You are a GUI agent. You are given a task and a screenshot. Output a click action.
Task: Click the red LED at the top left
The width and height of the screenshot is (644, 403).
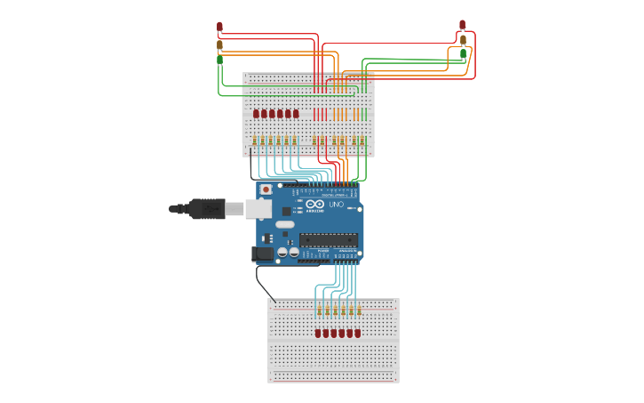pyautogui.click(x=219, y=27)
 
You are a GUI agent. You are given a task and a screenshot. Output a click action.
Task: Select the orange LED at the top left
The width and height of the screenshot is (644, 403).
pyautogui.click(x=219, y=44)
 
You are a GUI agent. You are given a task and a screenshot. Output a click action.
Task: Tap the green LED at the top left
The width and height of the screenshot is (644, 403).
pyautogui.click(x=219, y=60)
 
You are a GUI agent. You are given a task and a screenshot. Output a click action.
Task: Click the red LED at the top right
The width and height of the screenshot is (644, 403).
pyautogui.click(x=462, y=25)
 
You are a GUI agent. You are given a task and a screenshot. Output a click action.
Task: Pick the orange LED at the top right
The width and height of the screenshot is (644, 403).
pyautogui.click(x=463, y=40)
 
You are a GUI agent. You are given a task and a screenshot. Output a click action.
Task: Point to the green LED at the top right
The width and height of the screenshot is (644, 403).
pyautogui.click(x=463, y=54)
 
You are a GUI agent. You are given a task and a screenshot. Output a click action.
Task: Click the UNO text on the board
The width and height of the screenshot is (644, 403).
pyautogui.click(x=337, y=205)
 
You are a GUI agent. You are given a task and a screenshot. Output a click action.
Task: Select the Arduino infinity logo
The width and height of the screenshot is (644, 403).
pyautogui.click(x=315, y=205)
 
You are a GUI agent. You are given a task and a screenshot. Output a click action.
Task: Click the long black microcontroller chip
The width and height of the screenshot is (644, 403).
pyautogui.click(x=329, y=239)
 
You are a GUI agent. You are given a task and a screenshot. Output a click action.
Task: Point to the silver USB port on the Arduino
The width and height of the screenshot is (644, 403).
pyautogui.click(x=258, y=208)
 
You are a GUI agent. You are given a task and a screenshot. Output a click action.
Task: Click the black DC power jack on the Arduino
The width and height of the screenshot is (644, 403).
pyautogui.click(x=262, y=254)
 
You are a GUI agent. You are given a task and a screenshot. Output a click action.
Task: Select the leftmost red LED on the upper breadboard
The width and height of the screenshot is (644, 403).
pyautogui.click(x=256, y=114)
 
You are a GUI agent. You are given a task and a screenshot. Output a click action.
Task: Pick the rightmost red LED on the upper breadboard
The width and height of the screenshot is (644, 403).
pyautogui.click(x=296, y=114)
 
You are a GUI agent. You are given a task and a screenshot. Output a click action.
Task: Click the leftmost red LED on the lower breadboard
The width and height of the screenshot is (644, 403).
pyautogui.click(x=318, y=333)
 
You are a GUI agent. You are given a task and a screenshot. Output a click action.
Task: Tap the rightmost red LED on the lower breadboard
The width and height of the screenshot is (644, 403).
pyautogui.click(x=358, y=333)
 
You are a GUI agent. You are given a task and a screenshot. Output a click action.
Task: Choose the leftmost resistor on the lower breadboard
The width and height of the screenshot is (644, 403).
pyautogui.click(x=318, y=310)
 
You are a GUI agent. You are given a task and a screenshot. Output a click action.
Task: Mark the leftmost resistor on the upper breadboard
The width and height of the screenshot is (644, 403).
pyautogui.click(x=254, y=141)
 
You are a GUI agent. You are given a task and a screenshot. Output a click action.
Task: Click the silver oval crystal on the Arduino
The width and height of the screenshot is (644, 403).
pyautogui.click(x=284, y=224)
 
